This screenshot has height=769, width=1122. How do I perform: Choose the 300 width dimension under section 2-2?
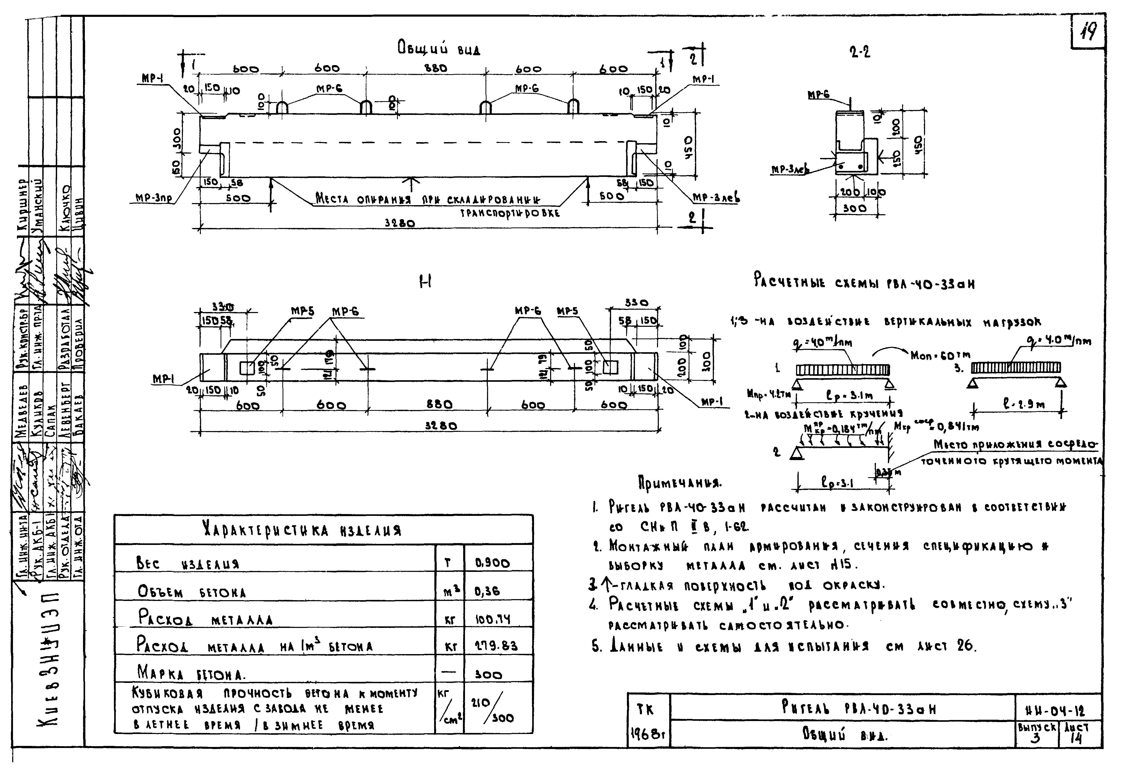click(854, 209)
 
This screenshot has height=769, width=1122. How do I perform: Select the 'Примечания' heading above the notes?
click(680, 482)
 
